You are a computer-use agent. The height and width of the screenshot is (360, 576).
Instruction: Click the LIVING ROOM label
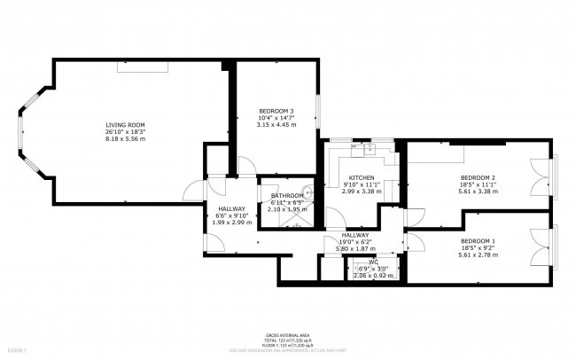125,125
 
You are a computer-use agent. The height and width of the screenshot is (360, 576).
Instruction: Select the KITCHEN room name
362,176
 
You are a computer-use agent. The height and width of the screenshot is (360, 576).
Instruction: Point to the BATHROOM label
287,195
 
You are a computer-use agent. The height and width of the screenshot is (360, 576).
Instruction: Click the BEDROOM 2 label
478,176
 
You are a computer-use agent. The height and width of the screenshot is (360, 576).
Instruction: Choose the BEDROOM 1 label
478,241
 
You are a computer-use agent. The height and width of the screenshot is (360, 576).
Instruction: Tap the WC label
373,262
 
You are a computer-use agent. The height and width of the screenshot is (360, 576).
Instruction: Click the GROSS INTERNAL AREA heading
289,333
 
